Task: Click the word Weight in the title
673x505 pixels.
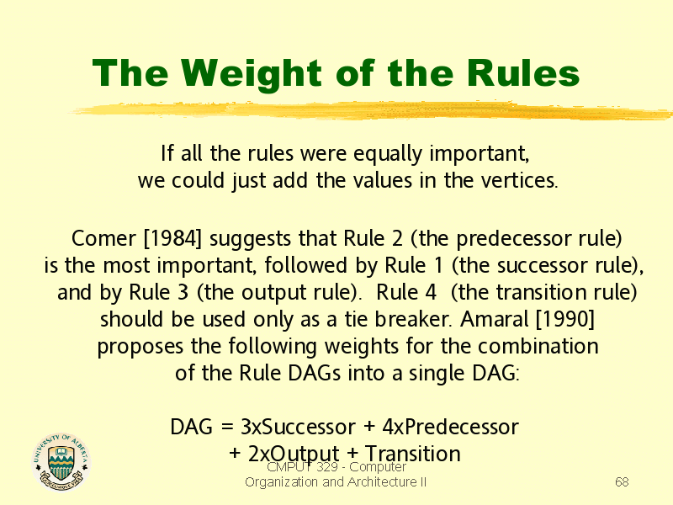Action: coord(251,73)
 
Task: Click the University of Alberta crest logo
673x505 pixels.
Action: coord(61,461)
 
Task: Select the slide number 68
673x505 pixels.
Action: coord(622,481)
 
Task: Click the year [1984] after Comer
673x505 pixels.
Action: coord(172,238)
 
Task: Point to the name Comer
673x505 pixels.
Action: coord(103,238)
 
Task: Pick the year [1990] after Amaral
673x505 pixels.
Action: coord(565,319)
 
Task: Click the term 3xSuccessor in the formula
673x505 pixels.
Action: coord(298,427)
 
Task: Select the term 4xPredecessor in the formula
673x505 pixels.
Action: coord(450,427)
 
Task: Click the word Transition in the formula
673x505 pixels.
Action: coord(412,454)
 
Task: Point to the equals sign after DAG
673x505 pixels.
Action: coord(227,428)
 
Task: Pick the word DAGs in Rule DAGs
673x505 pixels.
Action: coord(314,373)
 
